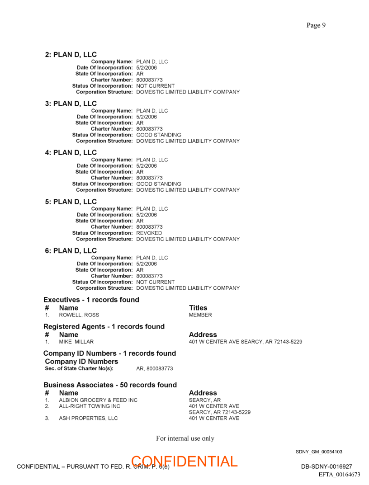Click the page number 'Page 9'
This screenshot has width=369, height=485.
tap(316, 25)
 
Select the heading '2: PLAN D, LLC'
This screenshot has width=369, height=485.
tap(71, 55)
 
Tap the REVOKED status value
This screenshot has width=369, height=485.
tap(149, 233)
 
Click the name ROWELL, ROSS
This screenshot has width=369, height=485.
tap(79, 315)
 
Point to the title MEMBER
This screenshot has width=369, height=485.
tap(200, 315)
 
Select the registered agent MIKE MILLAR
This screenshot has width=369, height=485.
tap(76, 342)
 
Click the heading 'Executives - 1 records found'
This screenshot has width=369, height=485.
tap(91, 300)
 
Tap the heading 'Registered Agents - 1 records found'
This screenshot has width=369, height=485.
tap(104, 326)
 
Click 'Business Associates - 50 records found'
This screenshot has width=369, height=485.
tap(110, 385)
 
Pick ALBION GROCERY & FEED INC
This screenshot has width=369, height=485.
tap(98, 400)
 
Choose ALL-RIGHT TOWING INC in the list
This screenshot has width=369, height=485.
tap(90, 406)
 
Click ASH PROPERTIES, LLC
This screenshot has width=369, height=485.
tap(88, 418)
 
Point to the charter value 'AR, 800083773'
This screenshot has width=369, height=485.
tap(154, 369)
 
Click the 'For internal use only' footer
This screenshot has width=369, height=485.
tap(185, 438)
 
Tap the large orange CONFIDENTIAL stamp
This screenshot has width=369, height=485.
tap(184, 461)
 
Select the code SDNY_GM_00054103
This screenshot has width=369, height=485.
tap(319, 452)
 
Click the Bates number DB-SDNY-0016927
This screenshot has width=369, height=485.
tap(326, 466)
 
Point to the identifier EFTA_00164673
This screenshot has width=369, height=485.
tap(339, 475)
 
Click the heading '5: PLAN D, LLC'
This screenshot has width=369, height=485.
tap(71, 202)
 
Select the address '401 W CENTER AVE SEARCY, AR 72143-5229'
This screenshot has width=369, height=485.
tap(245, 342)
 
